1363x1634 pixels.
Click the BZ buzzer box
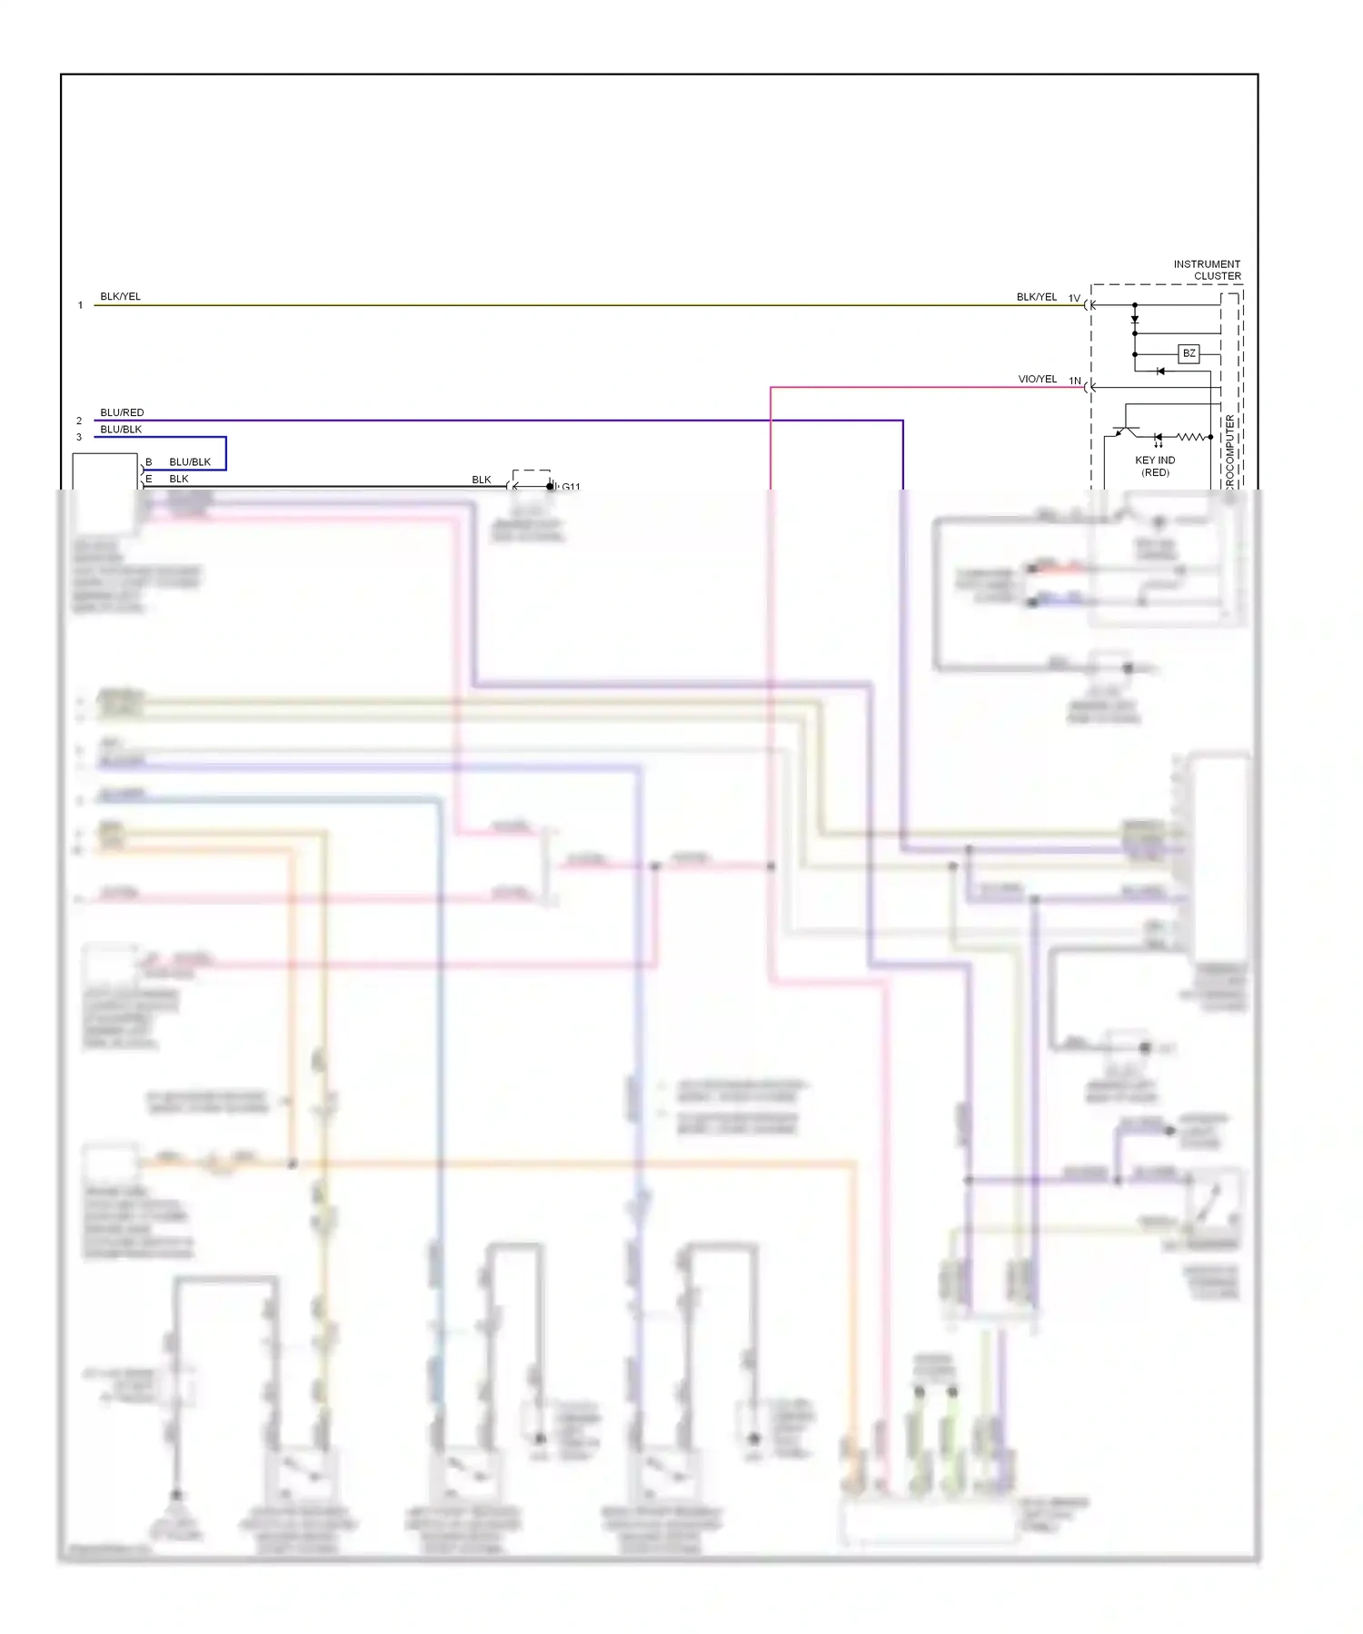(x=1189, y=353)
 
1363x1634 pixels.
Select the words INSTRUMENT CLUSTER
(x=1207, y=270)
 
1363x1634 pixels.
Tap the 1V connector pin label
(x=1074, y=298)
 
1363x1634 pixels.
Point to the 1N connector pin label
(x=1074, y=381)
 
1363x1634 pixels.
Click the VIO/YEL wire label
(x=1037, y=379)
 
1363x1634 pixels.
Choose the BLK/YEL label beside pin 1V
(x=1036, y=297)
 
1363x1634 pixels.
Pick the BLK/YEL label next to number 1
(x=120, y=296)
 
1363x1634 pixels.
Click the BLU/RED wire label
(x=122, y=412)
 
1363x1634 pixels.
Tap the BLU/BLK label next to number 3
(x=121, y=429)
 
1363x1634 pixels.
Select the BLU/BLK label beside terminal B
(x=190, y=461)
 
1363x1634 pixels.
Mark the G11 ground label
(x=571, y=487)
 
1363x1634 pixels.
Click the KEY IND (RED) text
(x=1155, y=466)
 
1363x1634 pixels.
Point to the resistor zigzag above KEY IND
(x=1191, y=437)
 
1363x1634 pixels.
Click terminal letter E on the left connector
(x=149, y=479)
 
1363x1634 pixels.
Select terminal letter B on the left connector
(x=149, y=461)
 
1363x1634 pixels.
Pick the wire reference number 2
(x=79, y=421)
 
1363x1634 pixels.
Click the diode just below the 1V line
(x=1134, y=319)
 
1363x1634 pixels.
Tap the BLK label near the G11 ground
(x=481, y=480)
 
